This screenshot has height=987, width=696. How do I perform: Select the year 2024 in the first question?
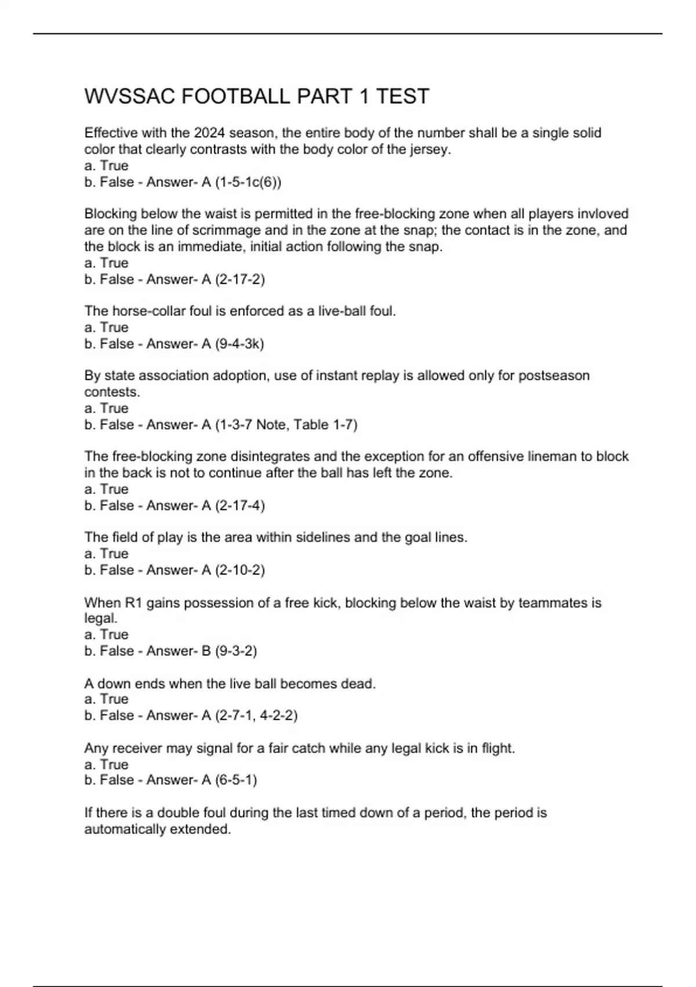coord(209,133)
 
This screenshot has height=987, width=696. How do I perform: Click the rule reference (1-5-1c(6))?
coord(248,182)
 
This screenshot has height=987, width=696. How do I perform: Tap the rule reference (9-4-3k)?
coord(239,344)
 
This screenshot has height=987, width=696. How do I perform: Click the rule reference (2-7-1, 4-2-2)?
coord(256,715)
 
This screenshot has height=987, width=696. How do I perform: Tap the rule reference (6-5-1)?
coord(235,780)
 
